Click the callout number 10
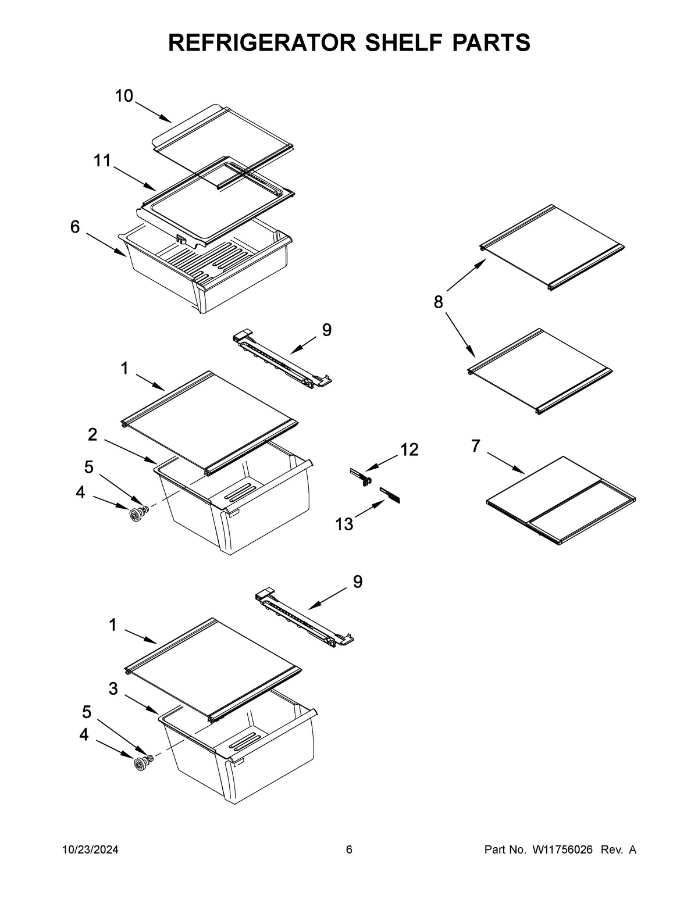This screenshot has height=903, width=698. (x=124, y=96)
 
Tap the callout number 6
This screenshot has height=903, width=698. (x=75, y=227)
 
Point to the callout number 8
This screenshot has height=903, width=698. (x=438, y=302)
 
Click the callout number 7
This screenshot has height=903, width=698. (x=476, y=446)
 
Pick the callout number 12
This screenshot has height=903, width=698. (x=409, y=449)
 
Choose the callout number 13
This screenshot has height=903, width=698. (x=344, y=524)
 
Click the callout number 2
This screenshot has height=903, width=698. (x=92, y=434)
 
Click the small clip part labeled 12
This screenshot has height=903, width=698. (x=361, y=476)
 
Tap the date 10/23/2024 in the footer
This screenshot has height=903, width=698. (x=90, y=850)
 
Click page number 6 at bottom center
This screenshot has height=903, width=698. (x=349, y=850)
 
